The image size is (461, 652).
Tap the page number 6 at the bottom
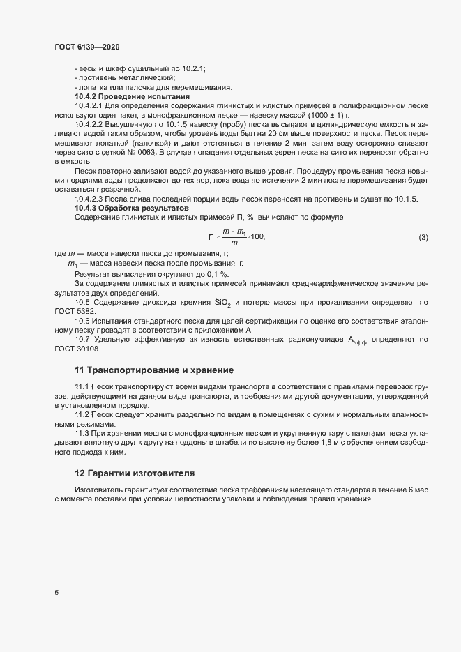tap(56, 593)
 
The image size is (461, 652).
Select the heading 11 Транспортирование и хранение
tap(153, 369)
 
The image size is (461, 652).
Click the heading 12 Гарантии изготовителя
tap(135, 473)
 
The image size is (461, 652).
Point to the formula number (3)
tap(423, 238)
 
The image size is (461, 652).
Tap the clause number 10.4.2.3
tap(91, 199)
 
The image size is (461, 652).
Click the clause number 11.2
tap(83, 415)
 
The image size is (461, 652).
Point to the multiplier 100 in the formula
tap(257, 238)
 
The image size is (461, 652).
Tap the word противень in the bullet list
tap(100, 78)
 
